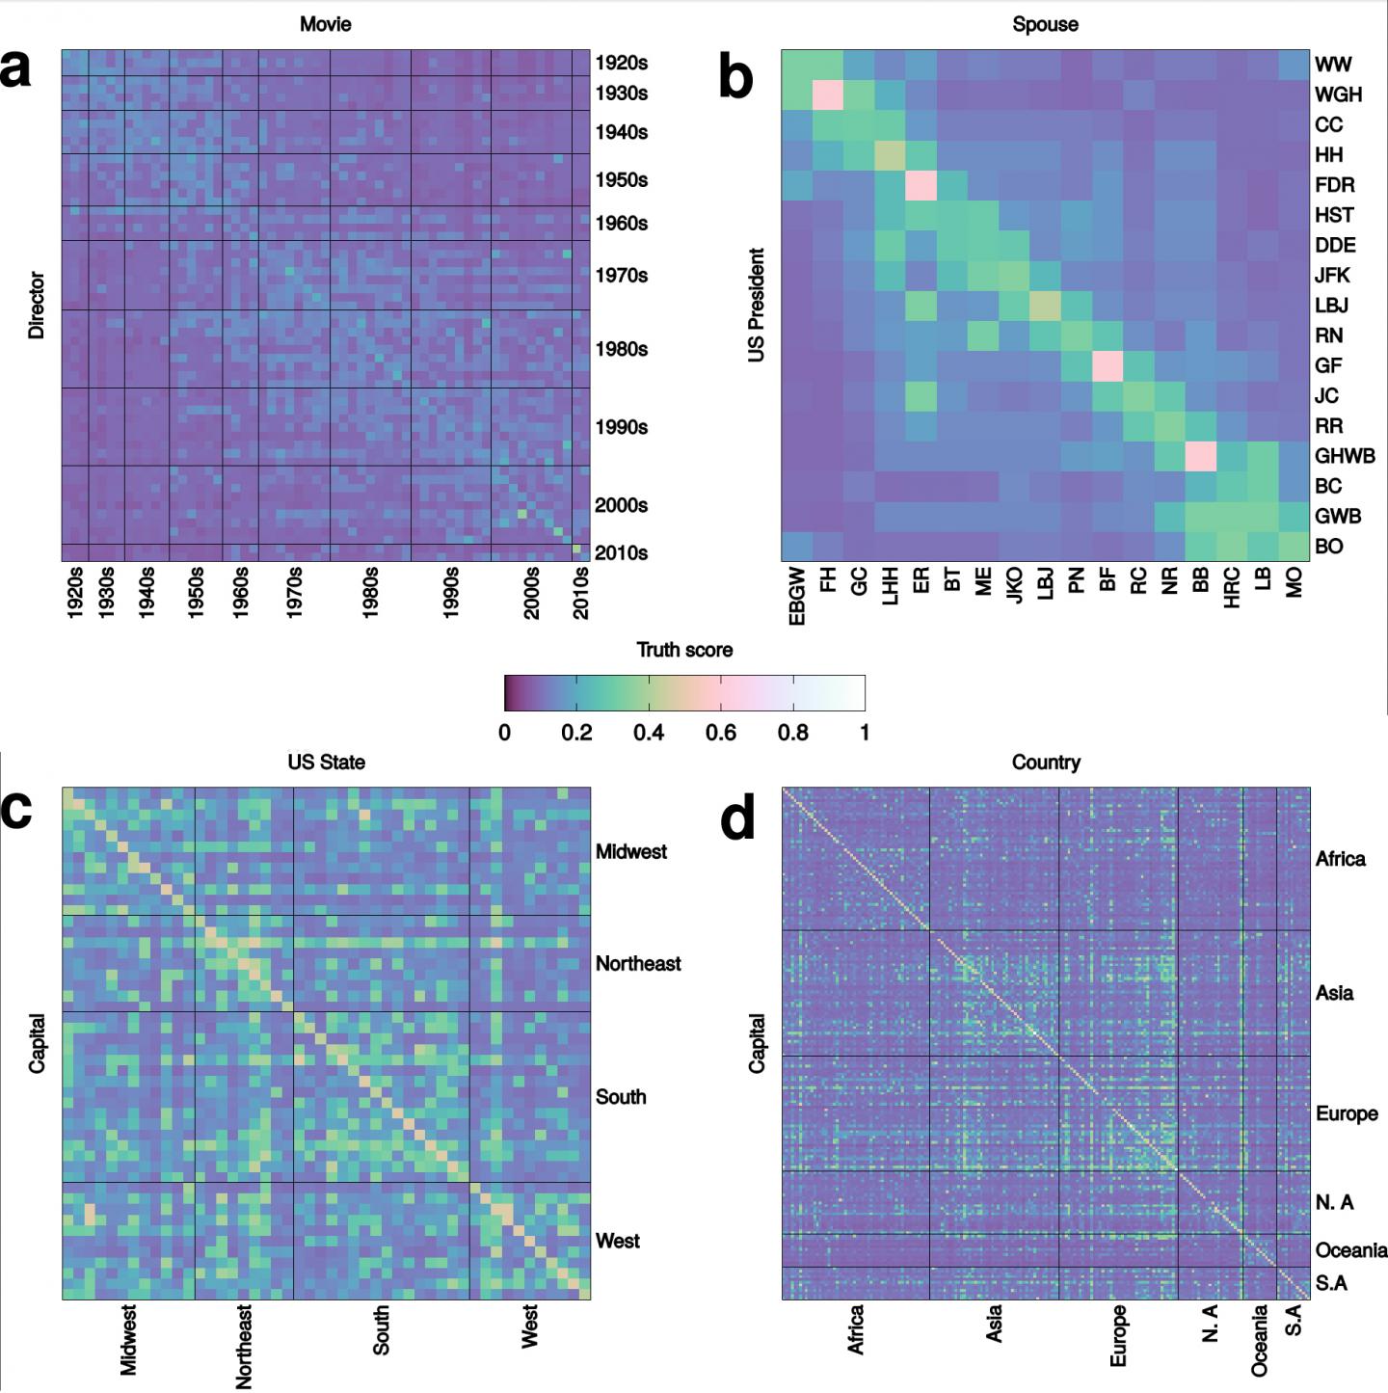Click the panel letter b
[x=735, y=77]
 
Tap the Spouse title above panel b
[x=1045, y=25]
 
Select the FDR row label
[x=1334, y=185]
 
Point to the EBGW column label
[x=797, y=596]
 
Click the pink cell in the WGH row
[x=827, y=95]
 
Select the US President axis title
[x=757, y=305]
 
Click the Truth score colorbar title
[x=684, y=650]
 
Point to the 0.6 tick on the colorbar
[x=721, y=733]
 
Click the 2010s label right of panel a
[x=621, y=552]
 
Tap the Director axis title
[x=37, y=305]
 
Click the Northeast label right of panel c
[x=638, y=963]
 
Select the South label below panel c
[x=382, y=1330]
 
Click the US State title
[x=326, y=763]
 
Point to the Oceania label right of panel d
[x=1350, y=1250]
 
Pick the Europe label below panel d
[x=1118, y=1335]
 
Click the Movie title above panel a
[x=325, y=25]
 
